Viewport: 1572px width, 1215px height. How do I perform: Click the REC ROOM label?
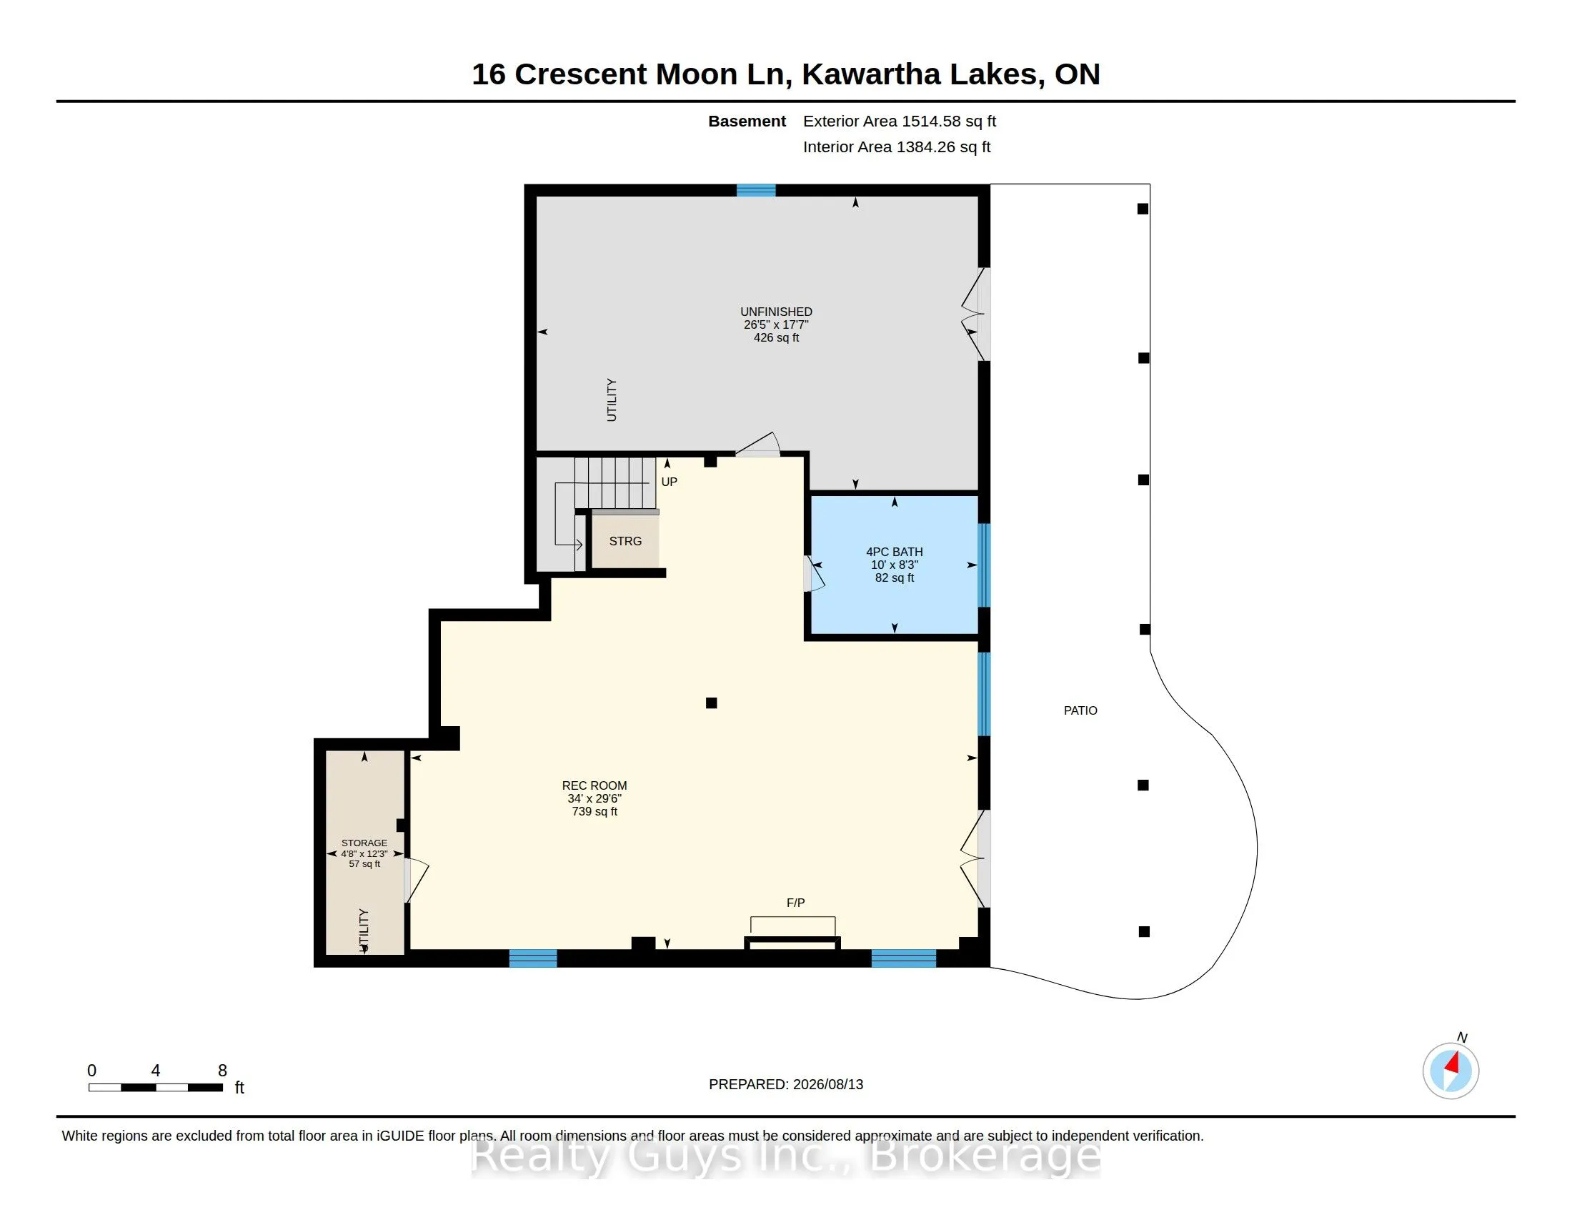point(594,785)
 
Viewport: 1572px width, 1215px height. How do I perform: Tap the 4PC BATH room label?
point(894,552)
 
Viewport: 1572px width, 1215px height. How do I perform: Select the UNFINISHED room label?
point(776,312)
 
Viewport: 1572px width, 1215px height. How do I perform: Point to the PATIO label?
point(1080,710)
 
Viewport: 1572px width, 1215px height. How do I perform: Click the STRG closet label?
point(625,541)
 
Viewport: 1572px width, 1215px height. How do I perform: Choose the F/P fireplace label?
point(795,903)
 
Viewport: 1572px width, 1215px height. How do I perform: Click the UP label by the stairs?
point(670,482)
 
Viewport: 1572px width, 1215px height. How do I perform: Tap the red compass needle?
point(1453,1063)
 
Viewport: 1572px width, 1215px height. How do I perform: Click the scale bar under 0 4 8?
point(156,1088)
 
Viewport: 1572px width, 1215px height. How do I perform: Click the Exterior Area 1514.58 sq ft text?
point(900,121)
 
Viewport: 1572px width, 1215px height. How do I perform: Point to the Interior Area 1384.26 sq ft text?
point(897,147)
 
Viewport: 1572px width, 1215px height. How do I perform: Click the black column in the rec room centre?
point(711,703)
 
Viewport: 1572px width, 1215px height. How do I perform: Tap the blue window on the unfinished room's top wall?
point(756,190)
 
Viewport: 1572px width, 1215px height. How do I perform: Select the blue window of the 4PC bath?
point(984,565)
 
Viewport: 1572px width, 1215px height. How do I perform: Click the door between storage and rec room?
point(415,880)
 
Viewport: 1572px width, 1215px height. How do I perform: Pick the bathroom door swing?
point(814,574)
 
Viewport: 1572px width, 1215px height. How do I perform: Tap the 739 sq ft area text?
point(595,811)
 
